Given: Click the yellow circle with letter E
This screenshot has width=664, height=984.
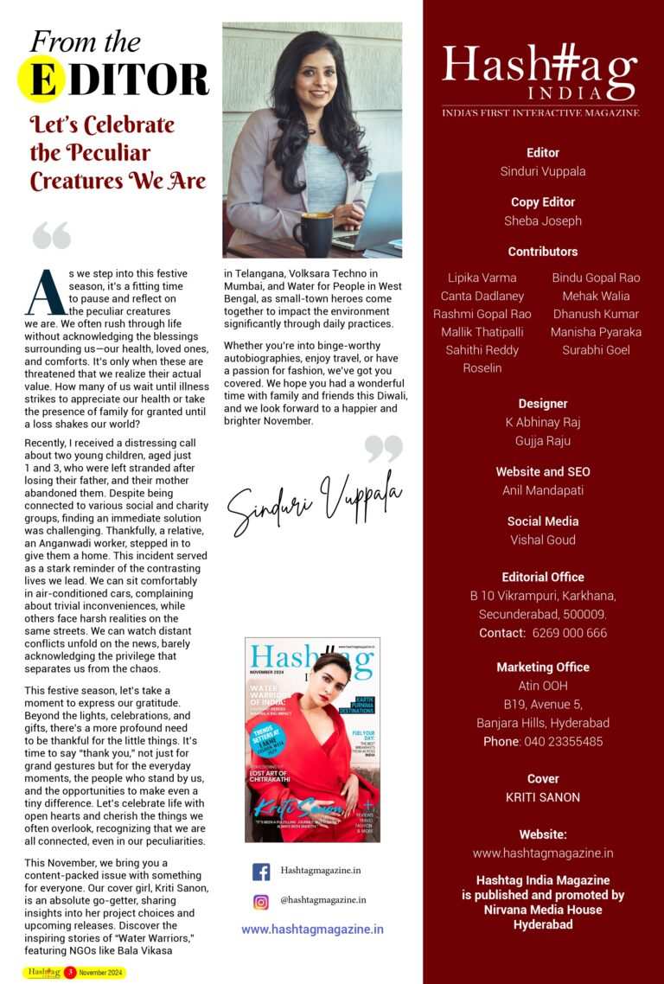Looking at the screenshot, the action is [41, 79].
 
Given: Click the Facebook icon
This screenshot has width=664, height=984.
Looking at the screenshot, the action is [260, 872].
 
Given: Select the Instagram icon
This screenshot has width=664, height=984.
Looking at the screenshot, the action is [260, 901].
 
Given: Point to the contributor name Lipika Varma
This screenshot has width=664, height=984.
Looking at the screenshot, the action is [482, 278].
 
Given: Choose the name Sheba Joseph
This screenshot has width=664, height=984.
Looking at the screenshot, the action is [543, 220].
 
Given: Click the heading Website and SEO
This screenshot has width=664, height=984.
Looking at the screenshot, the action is [543, 471].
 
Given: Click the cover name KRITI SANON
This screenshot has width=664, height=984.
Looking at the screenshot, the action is [543, 797].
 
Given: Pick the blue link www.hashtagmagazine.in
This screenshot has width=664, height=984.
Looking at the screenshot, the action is [312, 930].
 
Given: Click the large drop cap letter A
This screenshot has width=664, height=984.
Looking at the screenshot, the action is [44, 293].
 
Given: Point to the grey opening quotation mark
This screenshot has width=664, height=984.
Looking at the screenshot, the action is [51, 234].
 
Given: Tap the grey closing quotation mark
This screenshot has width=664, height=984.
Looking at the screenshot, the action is [384, 448].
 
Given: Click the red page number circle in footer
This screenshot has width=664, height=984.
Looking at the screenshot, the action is [69, 973].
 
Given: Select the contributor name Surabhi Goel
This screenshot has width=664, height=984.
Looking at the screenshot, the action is [596, 350].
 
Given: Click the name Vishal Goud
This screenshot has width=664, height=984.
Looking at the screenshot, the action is [543, 540].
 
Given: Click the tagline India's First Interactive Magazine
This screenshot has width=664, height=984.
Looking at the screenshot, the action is [540, 112].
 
